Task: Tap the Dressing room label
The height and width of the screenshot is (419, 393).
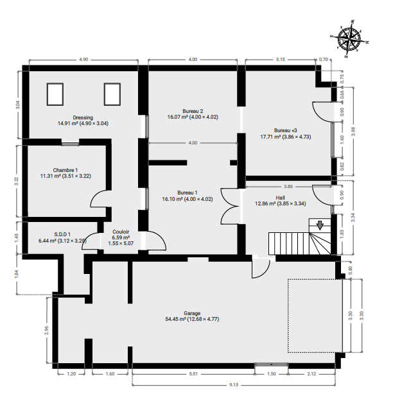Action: click(x=83, y=117)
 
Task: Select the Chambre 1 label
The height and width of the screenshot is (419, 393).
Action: click(x=65, y=170)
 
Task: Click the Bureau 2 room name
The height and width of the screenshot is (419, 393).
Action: click(x=193, y=111)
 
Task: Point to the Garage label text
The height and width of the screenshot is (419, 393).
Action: click(x=192, y=313)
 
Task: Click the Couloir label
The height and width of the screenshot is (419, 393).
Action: click(x=121, y=232)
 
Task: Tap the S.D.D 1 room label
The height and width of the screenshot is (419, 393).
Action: click(x=62, y=234)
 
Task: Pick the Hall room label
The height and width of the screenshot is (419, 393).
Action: click(x=280, y=198)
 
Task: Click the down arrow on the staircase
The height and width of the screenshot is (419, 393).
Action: click(x=320, y=225)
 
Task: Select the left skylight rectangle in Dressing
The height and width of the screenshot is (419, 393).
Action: click(x=55, y=94)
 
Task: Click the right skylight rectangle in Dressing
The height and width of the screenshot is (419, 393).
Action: click(x=112, y=94)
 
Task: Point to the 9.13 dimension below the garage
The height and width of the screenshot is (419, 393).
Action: click(x=234, y=385)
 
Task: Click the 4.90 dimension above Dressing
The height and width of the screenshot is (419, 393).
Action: click(x=83, y=59)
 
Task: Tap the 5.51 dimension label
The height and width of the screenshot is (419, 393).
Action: click(x=193, y=374)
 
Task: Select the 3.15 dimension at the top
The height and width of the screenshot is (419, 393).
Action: click(x=281, y=59)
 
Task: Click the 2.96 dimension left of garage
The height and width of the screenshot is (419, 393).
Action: click(x=48, y=330)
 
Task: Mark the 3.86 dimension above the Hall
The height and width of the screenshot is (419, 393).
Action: click(x=288, y=187)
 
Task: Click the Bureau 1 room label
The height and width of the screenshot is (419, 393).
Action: click(x=188, y=192)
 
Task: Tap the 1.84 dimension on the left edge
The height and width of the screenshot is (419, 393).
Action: click(x=17, y=275)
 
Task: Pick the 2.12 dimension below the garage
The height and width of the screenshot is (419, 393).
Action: click(x=311, y=374)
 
